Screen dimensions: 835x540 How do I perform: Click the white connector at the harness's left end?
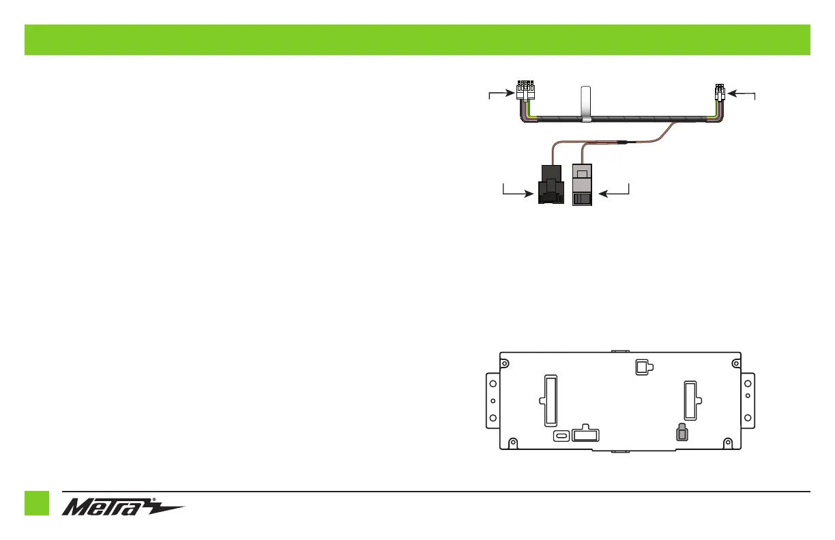[525, 91]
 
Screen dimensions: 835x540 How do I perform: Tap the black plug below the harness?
[550, 185]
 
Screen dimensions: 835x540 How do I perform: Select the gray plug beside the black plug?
[581, 185]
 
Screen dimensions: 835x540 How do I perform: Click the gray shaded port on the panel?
[680, 433]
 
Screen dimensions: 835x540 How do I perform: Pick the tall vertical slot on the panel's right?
[690, 400]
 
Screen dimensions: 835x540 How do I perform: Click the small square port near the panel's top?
[641, 367]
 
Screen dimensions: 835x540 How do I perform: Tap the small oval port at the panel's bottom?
[561, 436]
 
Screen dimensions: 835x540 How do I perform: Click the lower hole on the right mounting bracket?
[748, 418]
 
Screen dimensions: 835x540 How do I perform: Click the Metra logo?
[123, 509]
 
